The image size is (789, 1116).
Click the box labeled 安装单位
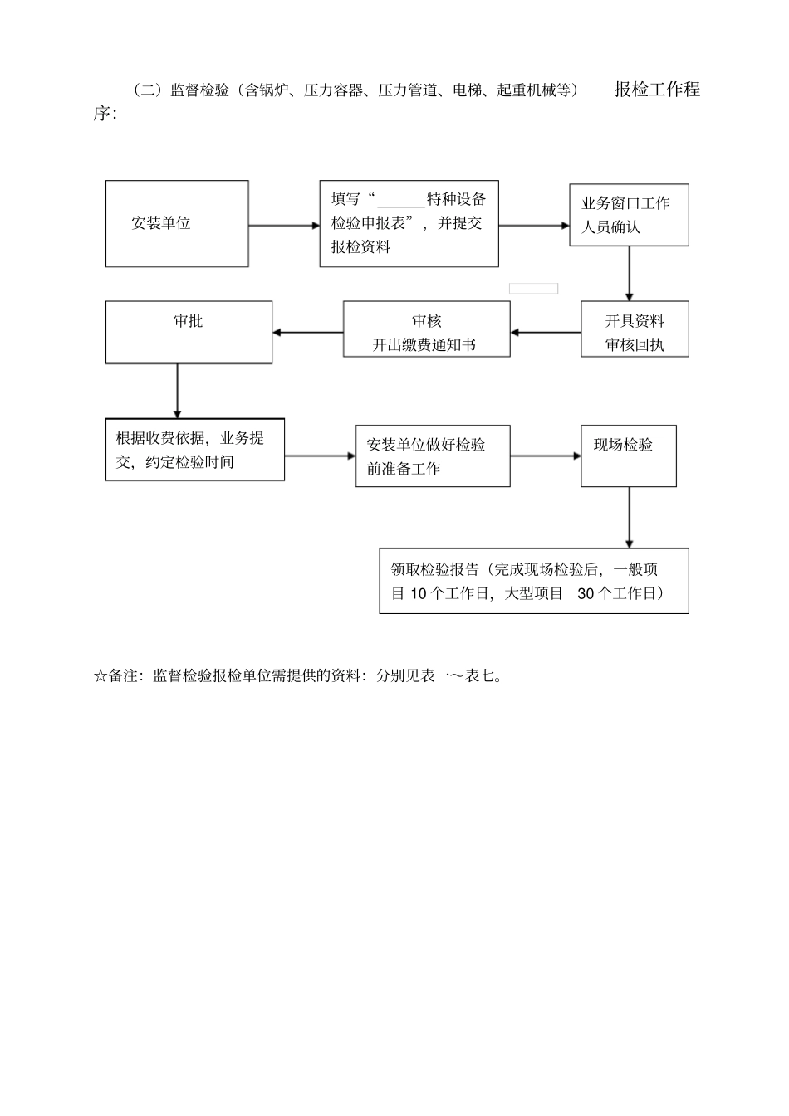click(177, 223)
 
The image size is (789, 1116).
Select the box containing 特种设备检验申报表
click(409, 223)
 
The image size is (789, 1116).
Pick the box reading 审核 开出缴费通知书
click(426, 329)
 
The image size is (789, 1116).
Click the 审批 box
click(189, 332)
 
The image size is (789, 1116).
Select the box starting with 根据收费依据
click(194, 450)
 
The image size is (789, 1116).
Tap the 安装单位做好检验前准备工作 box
click(432, 456)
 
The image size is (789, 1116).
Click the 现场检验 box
click(628, 456)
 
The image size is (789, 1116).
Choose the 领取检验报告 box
click(533, 581)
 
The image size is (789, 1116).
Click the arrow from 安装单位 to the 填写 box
click(283, 225)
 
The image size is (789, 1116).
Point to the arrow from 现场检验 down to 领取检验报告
click(629, 517)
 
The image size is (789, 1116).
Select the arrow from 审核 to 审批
click(307, 333)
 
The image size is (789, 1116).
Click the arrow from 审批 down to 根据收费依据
click(177, 391)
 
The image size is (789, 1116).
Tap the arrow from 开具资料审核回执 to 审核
click(546, 333)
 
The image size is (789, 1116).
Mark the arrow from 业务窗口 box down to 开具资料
click(629, 273)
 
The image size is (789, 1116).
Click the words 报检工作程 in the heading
click(657, 90)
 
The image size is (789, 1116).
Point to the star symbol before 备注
click(100, 676)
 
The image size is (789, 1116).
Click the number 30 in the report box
click(586, 593)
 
